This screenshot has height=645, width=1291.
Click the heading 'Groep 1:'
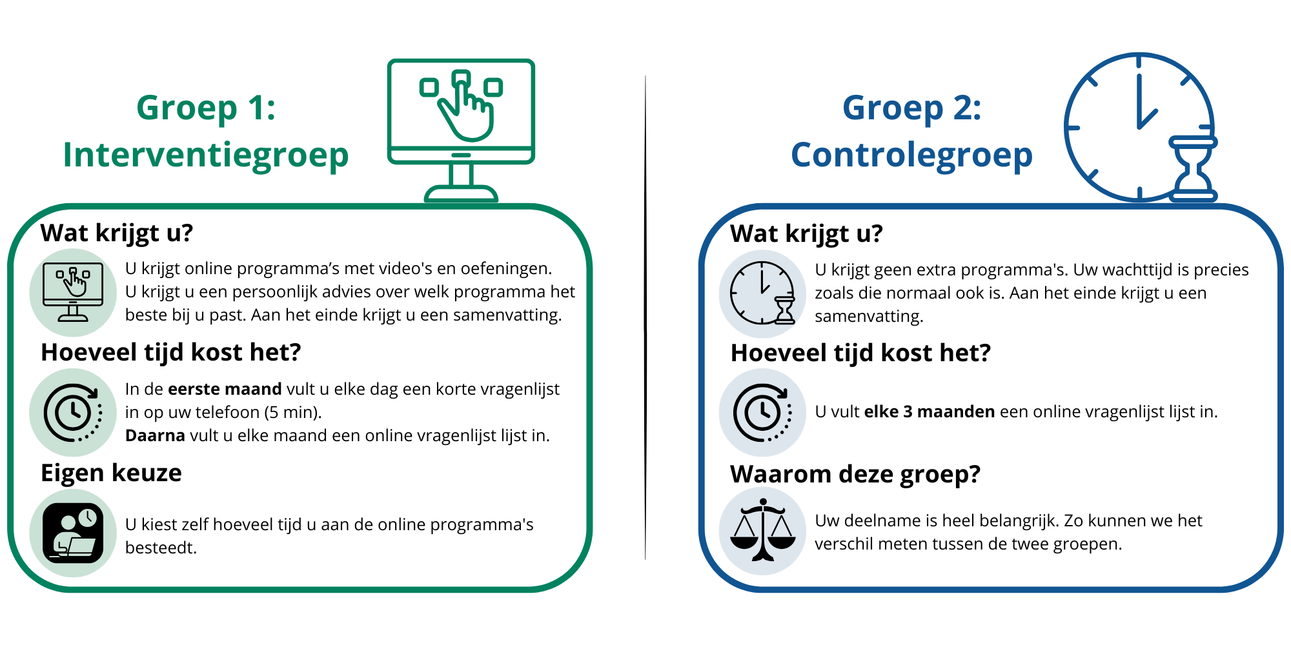pyautogui.click(x=206, y=107)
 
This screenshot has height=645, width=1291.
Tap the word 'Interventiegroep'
pyautogui.click(x=206, y=155)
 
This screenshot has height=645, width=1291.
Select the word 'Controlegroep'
pyautogui.click(x=911, y=155)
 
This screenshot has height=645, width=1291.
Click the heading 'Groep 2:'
pyautogui.click(x=911, y=107)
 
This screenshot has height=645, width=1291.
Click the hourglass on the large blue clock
pyautogui.click(x=1194, y=169)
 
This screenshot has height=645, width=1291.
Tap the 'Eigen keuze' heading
pyautogui.click(x=111, y=473)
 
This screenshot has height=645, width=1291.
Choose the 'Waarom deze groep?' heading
pyautogui.click(x=855, y=475)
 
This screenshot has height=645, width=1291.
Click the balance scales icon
pyautogui.click(x=763, y=530)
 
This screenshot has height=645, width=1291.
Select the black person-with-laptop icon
pyautogui.click(x=73, y=533)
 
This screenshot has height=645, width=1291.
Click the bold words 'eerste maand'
pyautogui.click(x=225, y=389)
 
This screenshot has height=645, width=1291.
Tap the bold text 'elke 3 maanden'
pyautogui.click(x=930, y=412)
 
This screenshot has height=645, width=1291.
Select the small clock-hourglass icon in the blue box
pyautogui.click(x=763, y=293)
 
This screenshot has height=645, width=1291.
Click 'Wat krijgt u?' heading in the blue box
pyautogui.click(x=806, y=233)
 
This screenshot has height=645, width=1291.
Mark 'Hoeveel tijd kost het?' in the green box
pyautogui.click(x=171, y=353)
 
